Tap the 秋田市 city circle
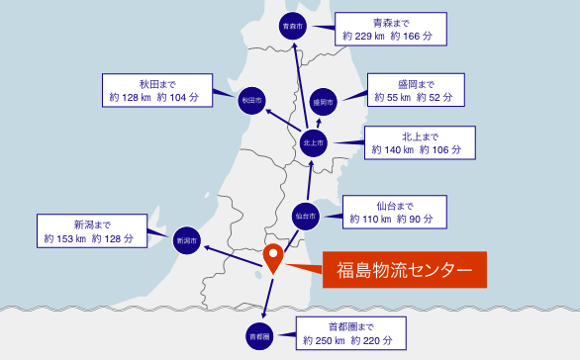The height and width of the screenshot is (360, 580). point(251,100)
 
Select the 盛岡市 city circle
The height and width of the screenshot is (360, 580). point(324,101)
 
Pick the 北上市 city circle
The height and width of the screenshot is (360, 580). point(313,143)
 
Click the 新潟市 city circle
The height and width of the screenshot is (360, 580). point(186,239)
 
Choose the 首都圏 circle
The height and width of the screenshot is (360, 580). point(259,336)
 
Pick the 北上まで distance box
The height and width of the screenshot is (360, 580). point(413,143)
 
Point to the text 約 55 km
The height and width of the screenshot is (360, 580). point(391,97)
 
